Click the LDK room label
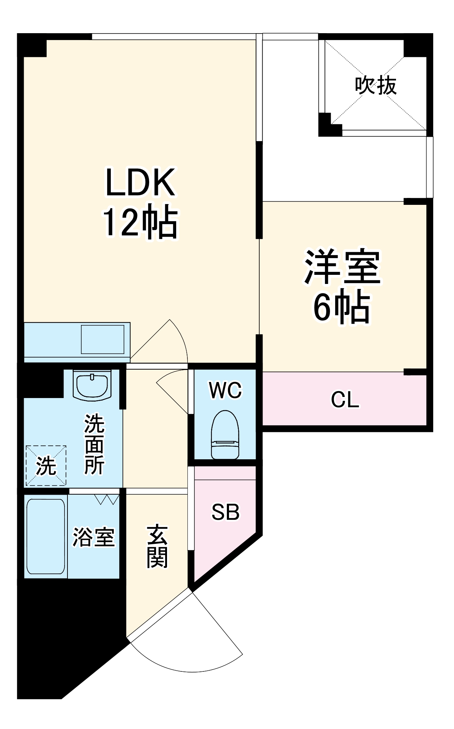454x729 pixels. tap(140, 182)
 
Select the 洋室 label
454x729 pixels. tap(342, 267)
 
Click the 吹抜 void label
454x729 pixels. tap(376, 86)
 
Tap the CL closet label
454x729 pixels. tap(345, 400)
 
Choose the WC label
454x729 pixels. tap(225, 390)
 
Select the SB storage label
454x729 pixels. tap(225, 512)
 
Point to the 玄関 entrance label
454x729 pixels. tap(157, 547)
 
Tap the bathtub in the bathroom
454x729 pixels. tap(46, 536)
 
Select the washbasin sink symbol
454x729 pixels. tap(92, 385)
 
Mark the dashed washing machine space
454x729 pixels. tap(46, 465)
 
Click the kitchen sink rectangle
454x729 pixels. tap(102, 339)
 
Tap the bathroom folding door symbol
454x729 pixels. tap(107, 499)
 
